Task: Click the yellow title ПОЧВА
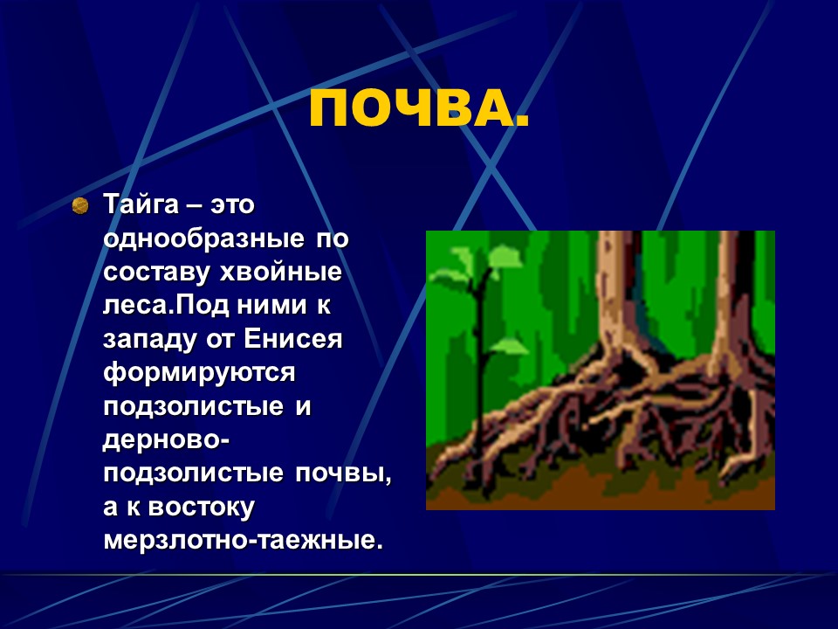point(418,107)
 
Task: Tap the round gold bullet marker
point(79,205)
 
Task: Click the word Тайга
point(141,205)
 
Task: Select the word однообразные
point(203,238)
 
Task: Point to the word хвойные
point(280,273)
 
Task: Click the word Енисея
point(293,339)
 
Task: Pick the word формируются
point(199,373)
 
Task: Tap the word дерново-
point(166,439)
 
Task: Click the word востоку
point(201,508)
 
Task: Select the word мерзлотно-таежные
point(244,540)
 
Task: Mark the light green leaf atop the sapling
point(504,257)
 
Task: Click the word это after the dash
point(232,205)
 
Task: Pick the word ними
point(271,306)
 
